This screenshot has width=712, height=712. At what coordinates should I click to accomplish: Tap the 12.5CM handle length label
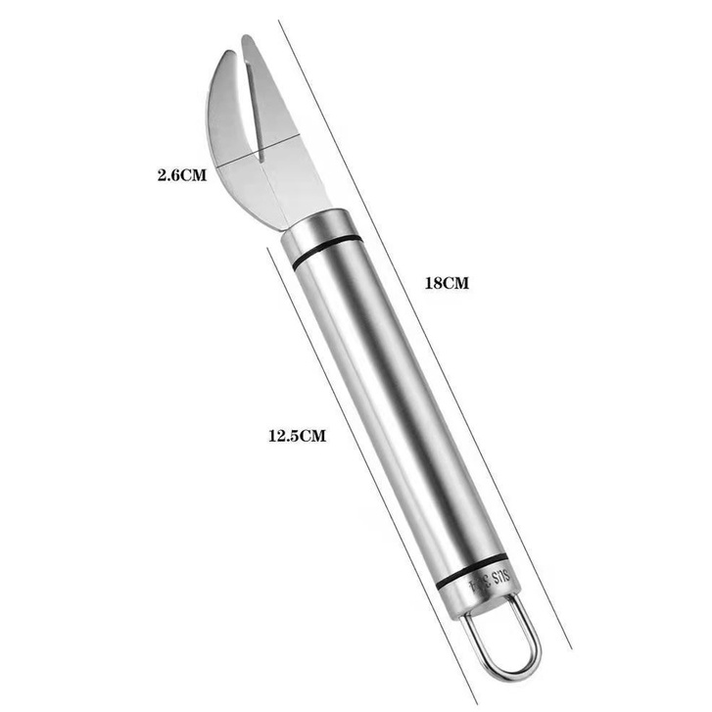point(296,437)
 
